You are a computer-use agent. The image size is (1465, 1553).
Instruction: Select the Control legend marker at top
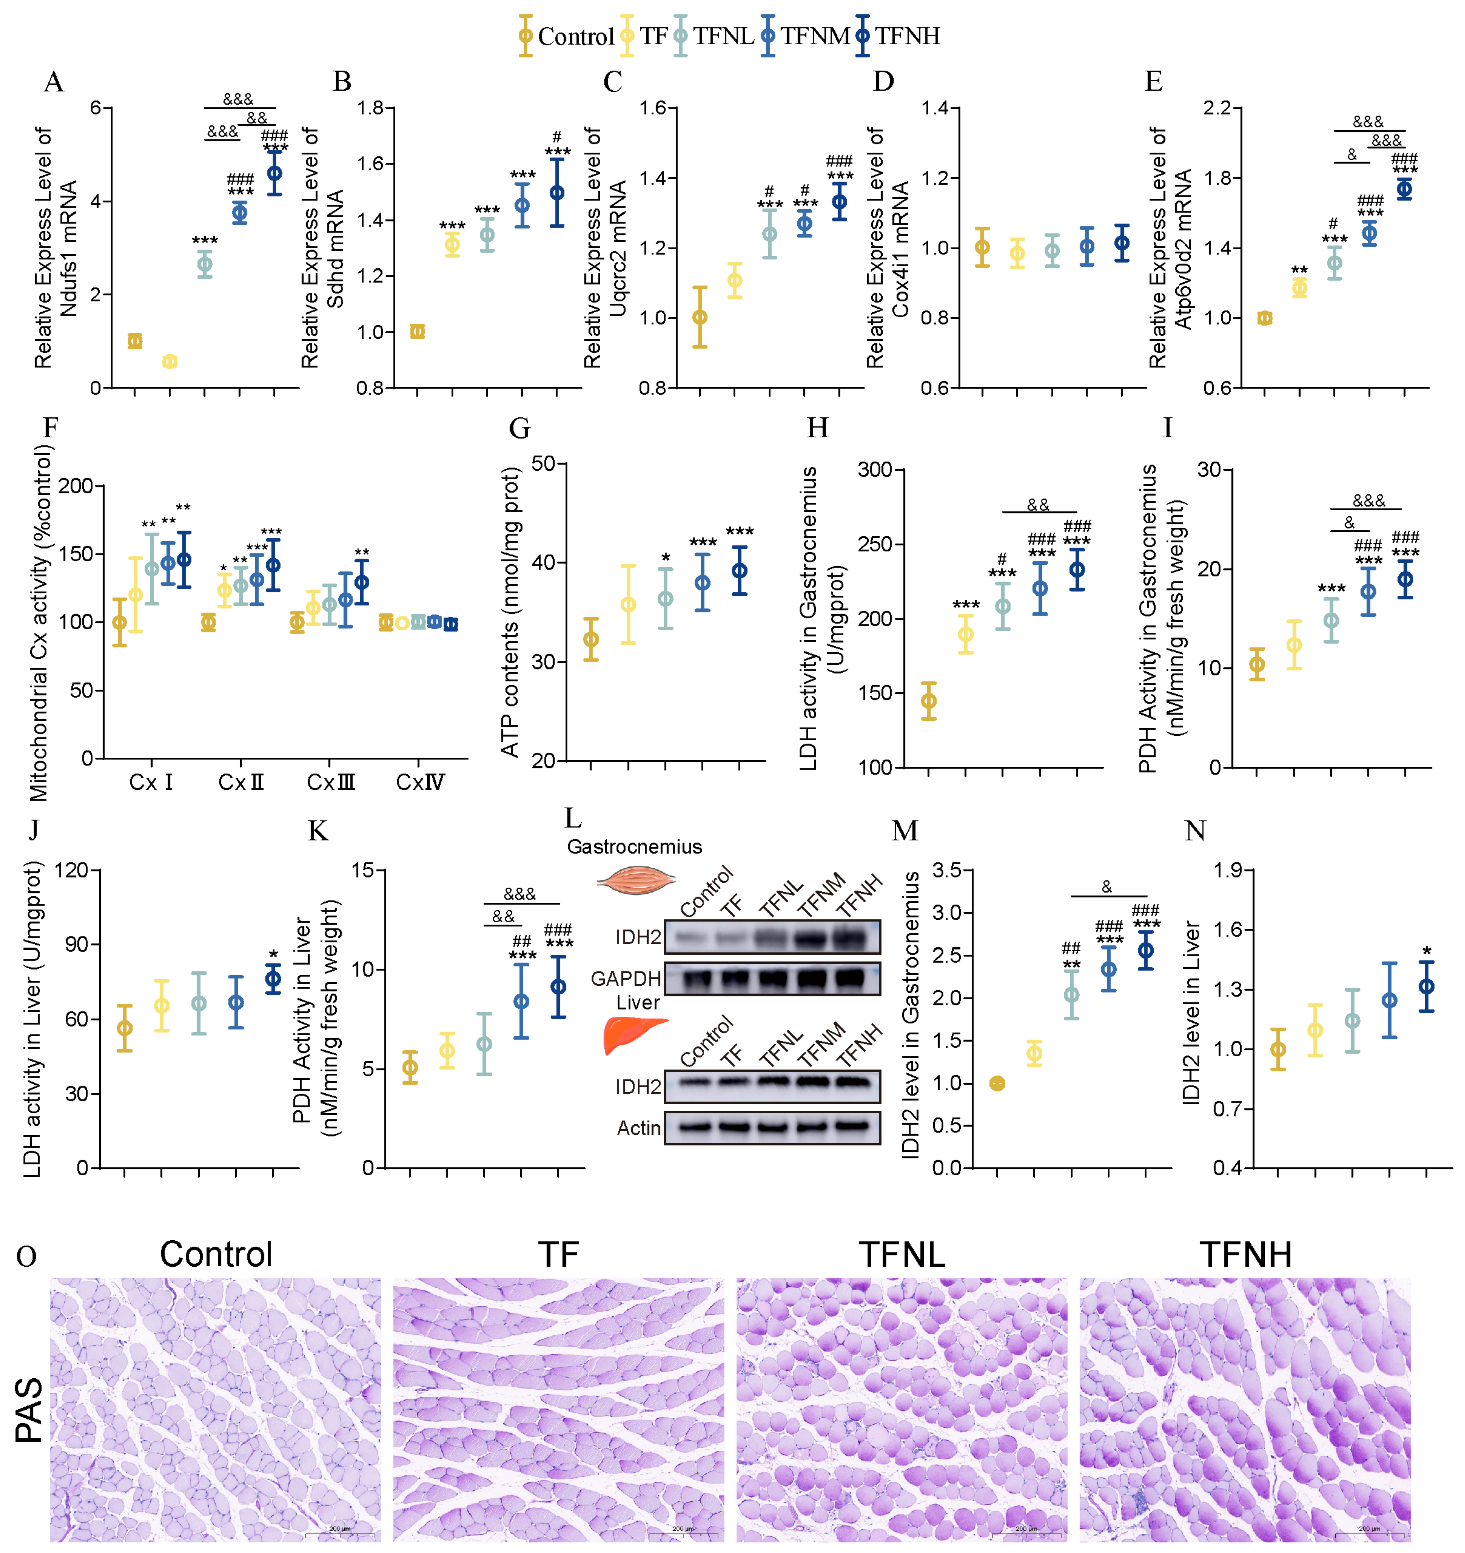[x=525, y=36]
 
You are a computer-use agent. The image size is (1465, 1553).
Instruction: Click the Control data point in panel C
[x=700, y=317]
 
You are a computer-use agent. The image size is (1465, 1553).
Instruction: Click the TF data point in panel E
[x=1299, y=288]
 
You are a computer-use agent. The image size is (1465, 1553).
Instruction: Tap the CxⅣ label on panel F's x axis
[x=420, y=782]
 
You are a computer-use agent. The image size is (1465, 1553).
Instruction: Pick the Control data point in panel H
[x=929, y=701]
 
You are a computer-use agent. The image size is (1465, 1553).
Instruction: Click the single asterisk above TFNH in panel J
[x=273, y=954]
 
